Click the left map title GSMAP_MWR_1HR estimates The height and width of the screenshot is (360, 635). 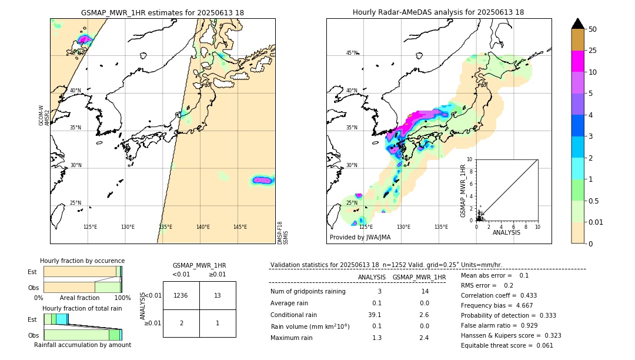162,12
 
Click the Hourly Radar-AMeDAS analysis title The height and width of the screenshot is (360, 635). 438,12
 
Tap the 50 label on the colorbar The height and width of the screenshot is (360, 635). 593,29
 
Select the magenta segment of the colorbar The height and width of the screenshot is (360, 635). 578,62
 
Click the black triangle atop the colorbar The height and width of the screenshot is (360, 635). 578,24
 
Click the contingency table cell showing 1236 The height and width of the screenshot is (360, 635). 181,295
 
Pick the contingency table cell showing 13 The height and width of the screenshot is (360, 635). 218,295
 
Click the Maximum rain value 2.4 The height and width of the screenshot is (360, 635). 423,338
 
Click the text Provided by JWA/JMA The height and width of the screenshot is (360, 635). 360,237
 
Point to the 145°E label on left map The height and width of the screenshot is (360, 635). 240,227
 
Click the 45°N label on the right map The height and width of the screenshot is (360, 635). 352,54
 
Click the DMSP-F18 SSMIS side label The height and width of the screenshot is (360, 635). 283,232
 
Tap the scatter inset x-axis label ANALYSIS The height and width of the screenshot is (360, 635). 506,232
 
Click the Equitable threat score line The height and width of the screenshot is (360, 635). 507,345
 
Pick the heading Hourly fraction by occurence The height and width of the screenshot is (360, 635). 82,261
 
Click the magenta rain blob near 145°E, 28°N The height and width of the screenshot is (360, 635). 262,180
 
